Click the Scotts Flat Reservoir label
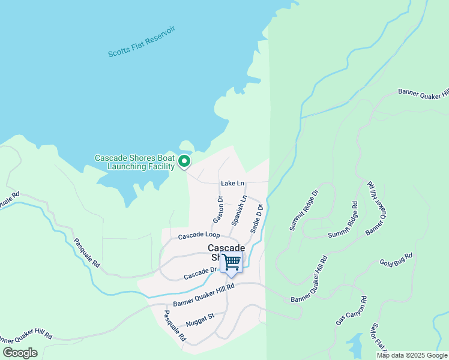click(x=141, y=41)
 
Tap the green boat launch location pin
click(x=184, y=161)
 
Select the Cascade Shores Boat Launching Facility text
click(x=134, y=162)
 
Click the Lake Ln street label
click(x=232, y=182)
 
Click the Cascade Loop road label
click(x=198, y=235)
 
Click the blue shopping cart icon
click(x=231, y=262)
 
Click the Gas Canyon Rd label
click(x=351, y=310)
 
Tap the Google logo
click(x=20, y=352)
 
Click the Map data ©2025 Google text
click(x=412, y=355)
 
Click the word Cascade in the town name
click(x=226, y=248)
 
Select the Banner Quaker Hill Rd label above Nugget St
click(x=203, y=295)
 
